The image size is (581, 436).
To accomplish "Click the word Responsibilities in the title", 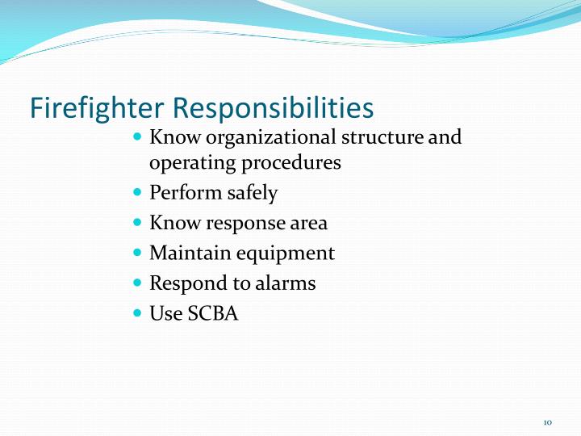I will coord(274,108).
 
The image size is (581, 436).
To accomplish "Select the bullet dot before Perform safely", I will coord(136,192).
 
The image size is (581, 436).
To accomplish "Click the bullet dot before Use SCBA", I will coord(136,312).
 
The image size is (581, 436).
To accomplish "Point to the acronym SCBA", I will coord(213,313).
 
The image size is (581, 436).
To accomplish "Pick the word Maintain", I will coord(190,253).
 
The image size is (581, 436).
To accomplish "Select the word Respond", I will coord(186,283).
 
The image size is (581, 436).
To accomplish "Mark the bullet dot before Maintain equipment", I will coord(136,252).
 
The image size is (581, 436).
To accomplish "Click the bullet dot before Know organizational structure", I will coord(136,136).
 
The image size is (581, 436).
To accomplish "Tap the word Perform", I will coord(182,193).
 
